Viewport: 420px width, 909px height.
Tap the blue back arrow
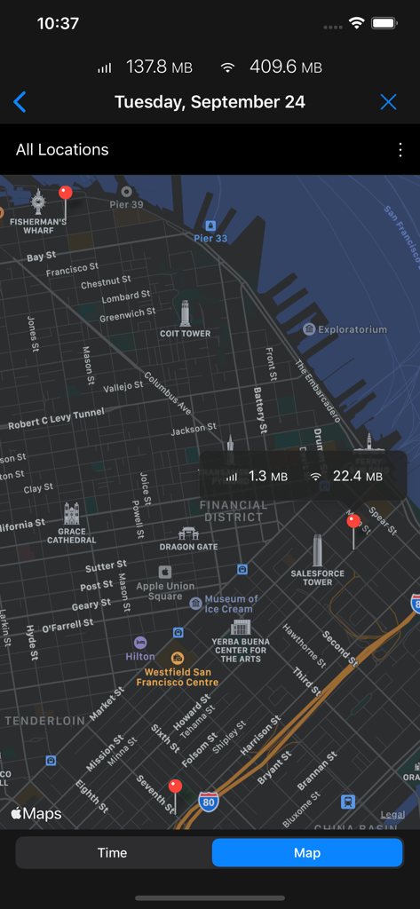(20, 102)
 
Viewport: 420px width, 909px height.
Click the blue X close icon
(388, 102)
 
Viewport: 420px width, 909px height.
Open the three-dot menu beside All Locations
(400, 150)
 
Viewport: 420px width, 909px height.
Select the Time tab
(112, 853)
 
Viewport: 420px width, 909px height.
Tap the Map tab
(307, 853)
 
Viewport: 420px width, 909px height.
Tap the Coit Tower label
(185, 333)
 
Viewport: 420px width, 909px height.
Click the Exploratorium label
(352, 329)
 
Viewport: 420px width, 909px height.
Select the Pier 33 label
(210, 238)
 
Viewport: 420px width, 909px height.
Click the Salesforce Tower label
(317, 577)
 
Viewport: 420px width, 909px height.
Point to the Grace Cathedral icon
(71, 514)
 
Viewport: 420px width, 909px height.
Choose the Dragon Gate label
(188, 547)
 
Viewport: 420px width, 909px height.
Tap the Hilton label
(140, 656)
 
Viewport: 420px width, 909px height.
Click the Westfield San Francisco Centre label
(178, 676)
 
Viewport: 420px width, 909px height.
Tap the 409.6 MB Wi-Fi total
(285, 67)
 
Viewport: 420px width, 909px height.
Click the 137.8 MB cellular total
(158, 67)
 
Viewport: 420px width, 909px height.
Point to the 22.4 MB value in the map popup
(357, 477)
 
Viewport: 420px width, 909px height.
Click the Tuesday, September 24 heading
(210, 102)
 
